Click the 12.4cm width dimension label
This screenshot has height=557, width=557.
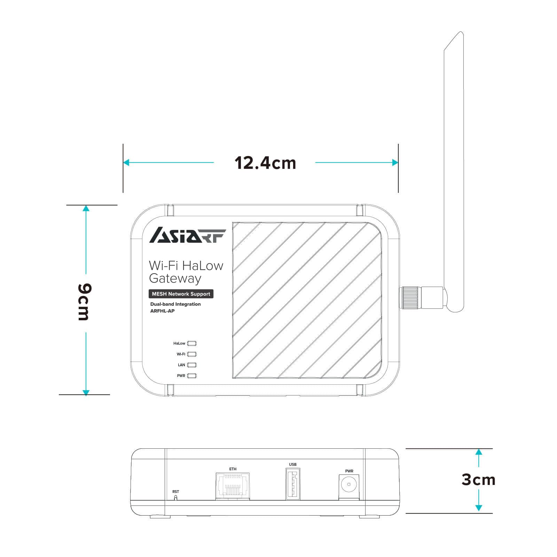[x=265, y=163]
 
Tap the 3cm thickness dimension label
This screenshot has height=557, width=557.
[x=478, y=480]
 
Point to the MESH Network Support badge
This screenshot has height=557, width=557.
[x=181, y=294]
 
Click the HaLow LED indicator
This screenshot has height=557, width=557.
[x=192, y=343]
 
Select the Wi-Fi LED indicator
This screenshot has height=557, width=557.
[x=192, y=354]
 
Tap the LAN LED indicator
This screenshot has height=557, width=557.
[x=192, y=365]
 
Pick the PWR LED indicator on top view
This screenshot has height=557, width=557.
[x=192, y=376]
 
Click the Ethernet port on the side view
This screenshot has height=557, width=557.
[x=233, y=486]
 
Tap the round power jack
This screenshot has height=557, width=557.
[x=349, y=484]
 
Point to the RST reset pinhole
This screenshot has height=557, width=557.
[x=175, y=497]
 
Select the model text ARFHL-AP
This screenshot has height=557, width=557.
[x=162, y=311]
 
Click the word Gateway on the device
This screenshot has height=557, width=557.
[x=175, y=278]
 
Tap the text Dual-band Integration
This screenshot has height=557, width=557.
[x=175, y=304]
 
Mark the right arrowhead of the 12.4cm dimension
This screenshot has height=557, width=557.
[x=395, y=163]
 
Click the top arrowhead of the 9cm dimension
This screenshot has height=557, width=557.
[x=86, y=208]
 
